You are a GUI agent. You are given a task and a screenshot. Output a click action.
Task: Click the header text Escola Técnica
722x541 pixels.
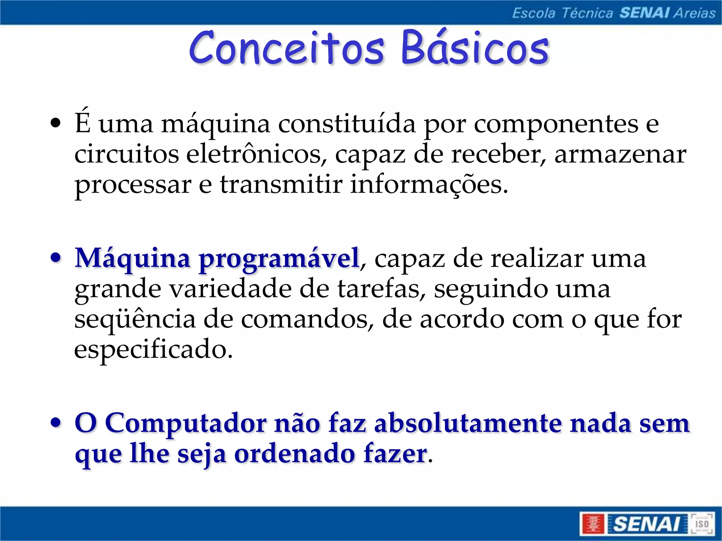(x=563, y=13)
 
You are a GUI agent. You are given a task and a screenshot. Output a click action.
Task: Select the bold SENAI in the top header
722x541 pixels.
(x=644, y=13)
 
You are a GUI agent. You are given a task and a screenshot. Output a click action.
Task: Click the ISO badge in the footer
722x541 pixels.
(x=701, y=524)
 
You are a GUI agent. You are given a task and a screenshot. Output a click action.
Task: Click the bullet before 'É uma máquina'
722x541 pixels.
(x=55, y=124)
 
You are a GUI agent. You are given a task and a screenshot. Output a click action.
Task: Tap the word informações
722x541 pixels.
(x=429, y=185)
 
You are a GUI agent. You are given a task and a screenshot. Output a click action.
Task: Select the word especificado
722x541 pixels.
(x=153, y=350)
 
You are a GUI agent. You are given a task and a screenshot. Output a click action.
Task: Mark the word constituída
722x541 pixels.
(x=347, y=124)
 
